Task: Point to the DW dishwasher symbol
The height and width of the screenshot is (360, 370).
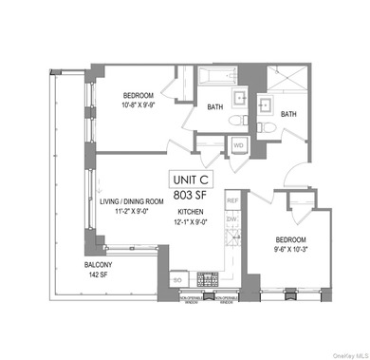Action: point(231,218)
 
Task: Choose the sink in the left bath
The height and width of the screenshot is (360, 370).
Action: point(241,100)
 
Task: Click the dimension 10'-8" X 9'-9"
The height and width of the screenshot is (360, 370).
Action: point(144,105)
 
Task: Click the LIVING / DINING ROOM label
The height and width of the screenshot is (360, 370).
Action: point(136,203)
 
